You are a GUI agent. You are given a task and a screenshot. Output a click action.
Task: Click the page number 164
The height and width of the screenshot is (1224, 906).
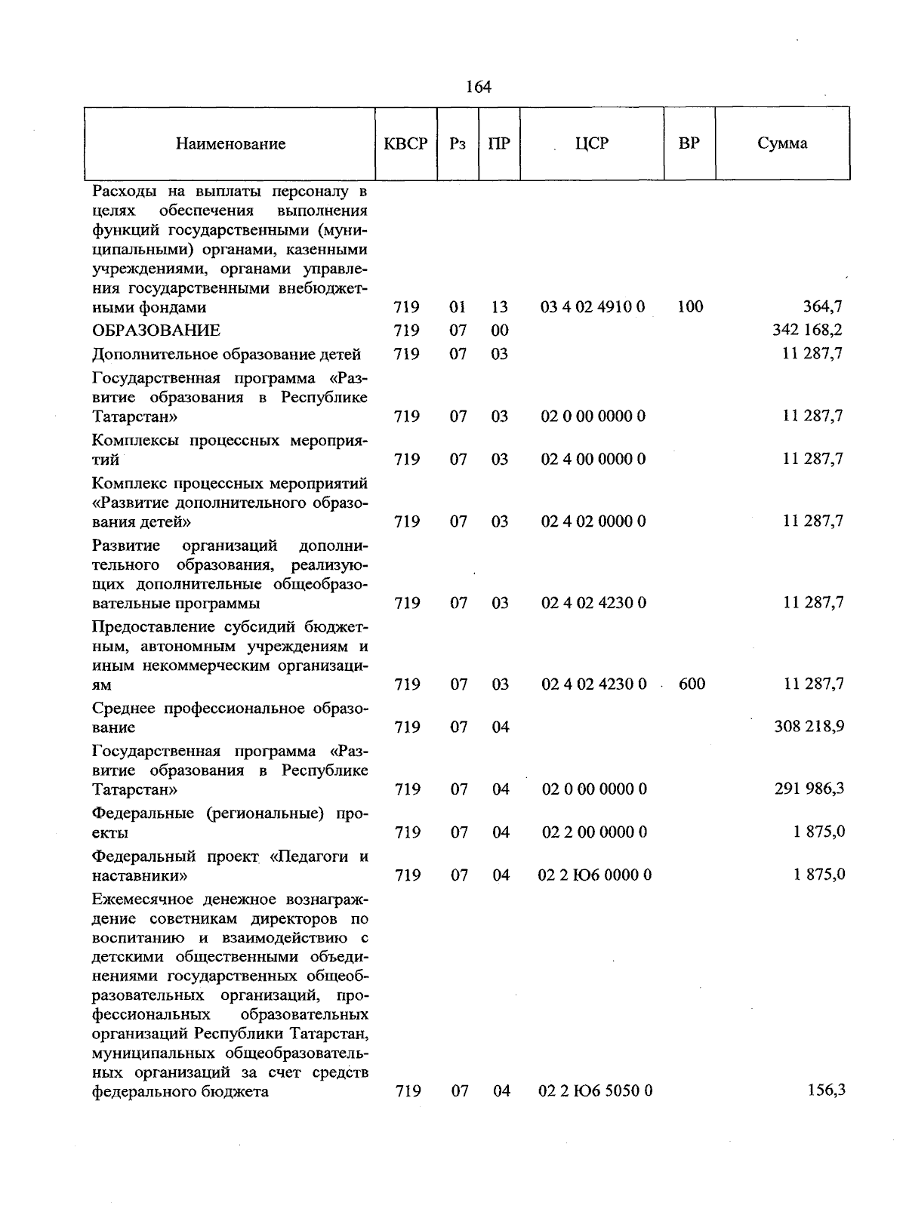pyautogui.click(x=479, y=87)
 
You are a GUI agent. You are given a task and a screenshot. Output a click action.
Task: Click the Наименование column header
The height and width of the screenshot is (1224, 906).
pyautogui.click(x=230, y=143)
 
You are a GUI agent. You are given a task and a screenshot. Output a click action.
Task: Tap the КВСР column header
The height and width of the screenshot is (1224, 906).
pyautogui.click(x=406, y=143)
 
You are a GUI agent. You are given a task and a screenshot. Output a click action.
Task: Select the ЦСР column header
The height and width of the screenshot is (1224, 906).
pyautogui.click(x=591, y=143)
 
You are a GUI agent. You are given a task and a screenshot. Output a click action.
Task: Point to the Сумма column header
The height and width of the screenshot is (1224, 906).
pyautogui.click(x=782, y=143)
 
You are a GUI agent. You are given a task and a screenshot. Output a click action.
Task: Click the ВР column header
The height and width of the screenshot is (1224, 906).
pyautogui.click(x=689, y=143)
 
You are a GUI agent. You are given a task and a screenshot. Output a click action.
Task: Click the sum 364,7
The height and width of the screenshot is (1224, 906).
pyautogui.click(x=822, y=306)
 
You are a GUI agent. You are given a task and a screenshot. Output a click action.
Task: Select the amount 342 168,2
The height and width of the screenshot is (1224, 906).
pyautogui.click(x=808, y=330)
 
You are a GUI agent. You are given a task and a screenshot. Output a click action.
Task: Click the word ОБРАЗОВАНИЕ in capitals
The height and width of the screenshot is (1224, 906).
pyautogui.click(x=156, y=331)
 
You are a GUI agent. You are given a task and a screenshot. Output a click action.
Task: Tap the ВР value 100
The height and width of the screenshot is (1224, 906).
pyautogui.click(x=690, y=306)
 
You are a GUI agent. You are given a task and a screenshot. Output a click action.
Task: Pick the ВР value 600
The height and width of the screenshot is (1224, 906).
pyautogui.click(x=692, y=684)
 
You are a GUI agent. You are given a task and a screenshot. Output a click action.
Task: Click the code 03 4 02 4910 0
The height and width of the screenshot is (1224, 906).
pyautogui.click(x=593, y=306)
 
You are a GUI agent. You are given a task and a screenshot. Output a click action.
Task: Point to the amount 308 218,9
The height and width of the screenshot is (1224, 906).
pyautogui.click(x=809, y=726)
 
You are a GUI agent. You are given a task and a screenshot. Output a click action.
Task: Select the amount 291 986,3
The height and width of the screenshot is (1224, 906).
pyautogui.click(x=809, y=789)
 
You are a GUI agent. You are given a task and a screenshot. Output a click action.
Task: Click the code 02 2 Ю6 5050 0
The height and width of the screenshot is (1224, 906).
pyautogui.click(x=594, y=1090)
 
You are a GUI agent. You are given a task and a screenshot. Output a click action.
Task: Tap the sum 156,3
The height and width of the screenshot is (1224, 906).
pyautogui.click(x=826, y=1090)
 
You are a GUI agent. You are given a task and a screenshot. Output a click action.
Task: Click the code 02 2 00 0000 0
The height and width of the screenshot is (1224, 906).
pyautogui.click(x=594, y=832)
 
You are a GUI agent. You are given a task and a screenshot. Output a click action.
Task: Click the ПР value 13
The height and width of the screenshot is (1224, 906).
pyautogui.click(x=499, y=307)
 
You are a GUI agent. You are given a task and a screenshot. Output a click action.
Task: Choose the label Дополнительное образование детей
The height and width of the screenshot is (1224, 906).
pyautogui.click(x=226, y=354)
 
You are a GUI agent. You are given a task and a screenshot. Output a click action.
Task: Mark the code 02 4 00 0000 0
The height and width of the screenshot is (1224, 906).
pyautogui.click(x=593, y=459)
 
